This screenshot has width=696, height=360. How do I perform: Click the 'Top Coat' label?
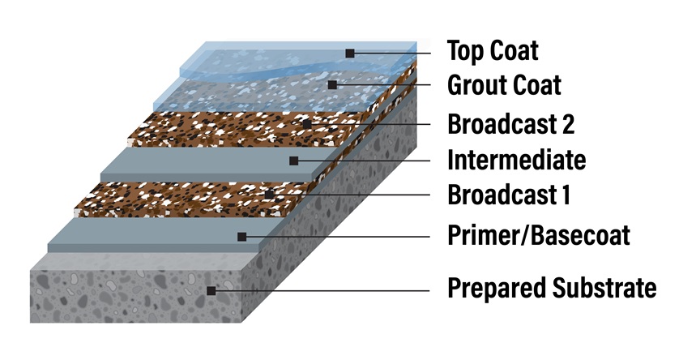click(493, 50)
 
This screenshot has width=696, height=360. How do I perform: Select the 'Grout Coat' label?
click(504, 84)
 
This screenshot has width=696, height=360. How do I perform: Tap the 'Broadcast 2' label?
click(511, 123)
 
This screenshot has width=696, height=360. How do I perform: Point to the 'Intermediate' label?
click(517, 160)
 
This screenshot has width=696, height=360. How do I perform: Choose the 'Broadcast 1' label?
click(509, 195)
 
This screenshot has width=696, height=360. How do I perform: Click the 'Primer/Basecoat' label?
click(539, 236)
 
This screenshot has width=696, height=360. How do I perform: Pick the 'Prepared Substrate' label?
click(552, 288)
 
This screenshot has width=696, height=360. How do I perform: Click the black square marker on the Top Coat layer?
click(350, 54)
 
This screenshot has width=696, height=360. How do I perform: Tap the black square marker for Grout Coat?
click(332, 84)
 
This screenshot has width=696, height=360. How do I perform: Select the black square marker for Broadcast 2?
click(307, 123)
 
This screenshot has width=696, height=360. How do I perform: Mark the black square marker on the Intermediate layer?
click(294, 161)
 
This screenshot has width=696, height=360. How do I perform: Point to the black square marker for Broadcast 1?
click(269, 195)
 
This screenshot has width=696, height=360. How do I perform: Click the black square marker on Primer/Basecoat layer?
click(242, 237)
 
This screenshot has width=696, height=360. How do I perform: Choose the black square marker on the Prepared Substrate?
click(211, 290)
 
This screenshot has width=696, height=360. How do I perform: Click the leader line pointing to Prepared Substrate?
click(322, 290)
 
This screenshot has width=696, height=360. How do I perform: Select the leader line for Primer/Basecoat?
click(338, 237)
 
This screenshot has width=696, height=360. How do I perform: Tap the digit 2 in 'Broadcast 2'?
click(568, 123)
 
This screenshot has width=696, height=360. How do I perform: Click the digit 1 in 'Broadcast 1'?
click(566, 195)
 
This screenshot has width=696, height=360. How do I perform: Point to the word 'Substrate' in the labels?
click(604, 287)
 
